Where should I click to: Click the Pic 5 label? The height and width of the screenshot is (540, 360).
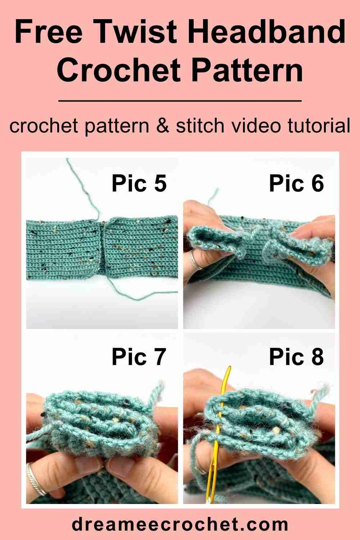[139, 183]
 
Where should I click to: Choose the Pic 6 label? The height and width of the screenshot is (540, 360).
[296, 183]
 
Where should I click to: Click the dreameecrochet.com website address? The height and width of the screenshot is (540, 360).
[180, 524]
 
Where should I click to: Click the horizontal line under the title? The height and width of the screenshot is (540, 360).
[180, 101]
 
